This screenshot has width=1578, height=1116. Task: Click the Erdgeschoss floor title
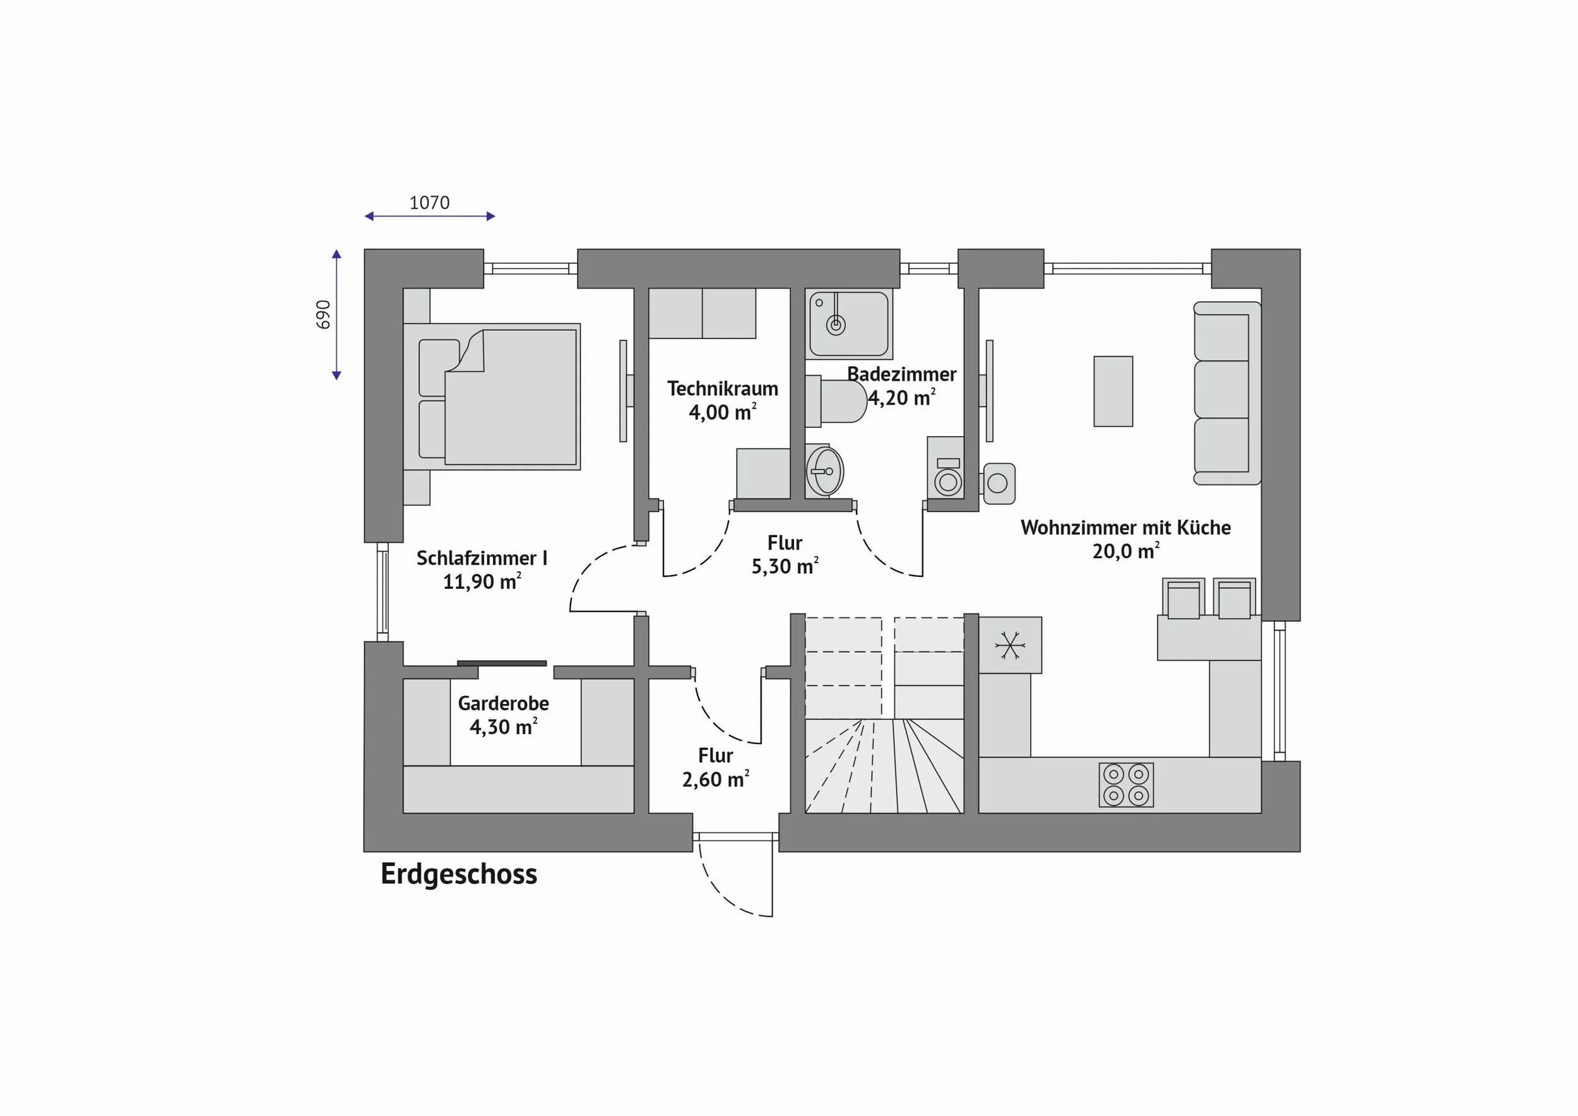click(x=458, y=874)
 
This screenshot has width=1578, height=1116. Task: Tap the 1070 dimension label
click(x=430, y=203)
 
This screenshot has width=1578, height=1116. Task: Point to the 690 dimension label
click(x=324, y=314)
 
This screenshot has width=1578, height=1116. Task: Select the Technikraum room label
click(x=722, y=389)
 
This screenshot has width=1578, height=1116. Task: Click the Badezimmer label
click(x=902, y=374)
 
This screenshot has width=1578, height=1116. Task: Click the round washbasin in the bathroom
click(x=825, y=471)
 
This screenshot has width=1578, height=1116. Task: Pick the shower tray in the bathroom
click(x=851, y=323)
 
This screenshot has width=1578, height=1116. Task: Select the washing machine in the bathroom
click(x=946, y=467)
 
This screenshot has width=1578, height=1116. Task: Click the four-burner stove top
click(x=1126, y=785)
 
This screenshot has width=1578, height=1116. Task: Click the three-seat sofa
click(x=1227, y=393)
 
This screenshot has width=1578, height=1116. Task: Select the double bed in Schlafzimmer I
click(x=492, y=397)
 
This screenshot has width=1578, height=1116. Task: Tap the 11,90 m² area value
click(x=482, y=581)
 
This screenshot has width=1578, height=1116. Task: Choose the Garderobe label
click(x=503, y=704)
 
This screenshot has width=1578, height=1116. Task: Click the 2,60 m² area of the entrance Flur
click(x=715, y=780)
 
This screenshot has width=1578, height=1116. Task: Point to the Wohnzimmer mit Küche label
click(x=1126, y=528)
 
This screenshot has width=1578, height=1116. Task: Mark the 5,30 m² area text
click(x=785, y=566)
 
